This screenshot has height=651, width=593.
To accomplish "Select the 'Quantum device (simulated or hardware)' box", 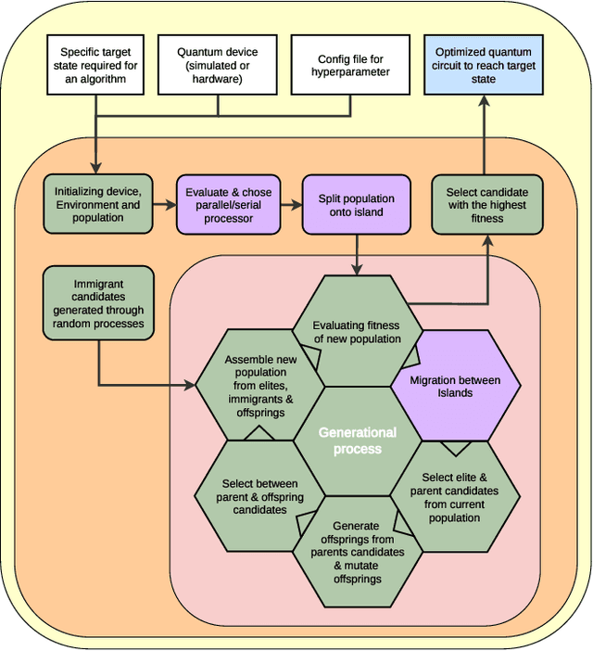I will [x=218, y=66].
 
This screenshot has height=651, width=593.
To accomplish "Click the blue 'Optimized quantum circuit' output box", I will [x=483, y=66].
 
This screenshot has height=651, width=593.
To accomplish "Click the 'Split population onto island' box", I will [x=356, y=205].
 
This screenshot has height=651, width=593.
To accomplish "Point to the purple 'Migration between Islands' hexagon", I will [x=454, y=386].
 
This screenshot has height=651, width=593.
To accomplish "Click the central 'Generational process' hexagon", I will [x=357, y=440].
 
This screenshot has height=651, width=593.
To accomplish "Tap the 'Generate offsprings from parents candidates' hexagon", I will [x=357, y=552].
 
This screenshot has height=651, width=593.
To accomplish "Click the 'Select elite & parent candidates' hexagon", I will [x=454, y=495].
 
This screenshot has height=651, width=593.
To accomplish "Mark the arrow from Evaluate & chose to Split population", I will [x=293, y=205].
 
